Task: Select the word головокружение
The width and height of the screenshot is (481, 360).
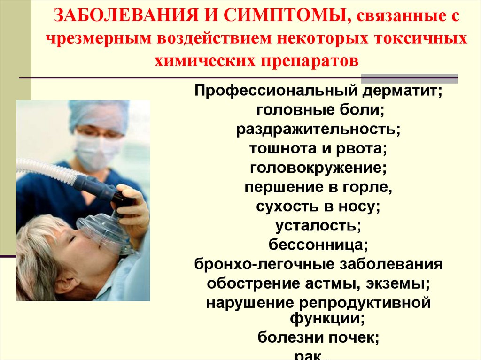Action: pos(318,168)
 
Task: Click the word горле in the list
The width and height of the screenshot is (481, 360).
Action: pos(370,187)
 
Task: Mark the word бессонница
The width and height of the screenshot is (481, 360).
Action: pos(318,245)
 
